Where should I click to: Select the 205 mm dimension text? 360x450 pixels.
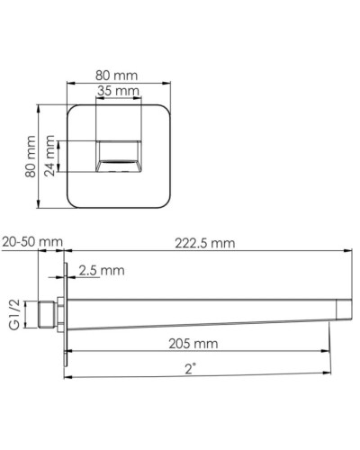point(193,344)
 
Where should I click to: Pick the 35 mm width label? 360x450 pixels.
point(118,92)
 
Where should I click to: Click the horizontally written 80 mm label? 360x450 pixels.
point(118,76)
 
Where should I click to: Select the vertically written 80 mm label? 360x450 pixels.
point(29,157)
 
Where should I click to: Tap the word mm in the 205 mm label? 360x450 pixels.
point(208,344)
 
